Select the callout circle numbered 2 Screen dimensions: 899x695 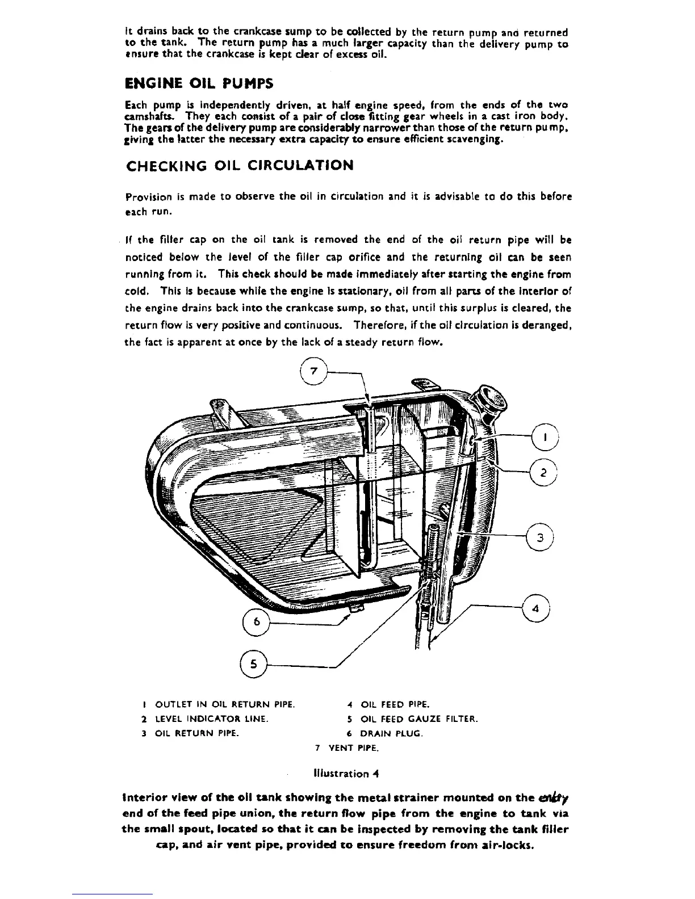click(543, 472)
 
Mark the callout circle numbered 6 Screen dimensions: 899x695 click(257, 621)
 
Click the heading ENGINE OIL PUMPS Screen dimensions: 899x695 click(199, 83)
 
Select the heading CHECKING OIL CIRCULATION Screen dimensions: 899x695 click(239, 166)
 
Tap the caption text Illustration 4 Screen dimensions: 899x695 click(346, 773)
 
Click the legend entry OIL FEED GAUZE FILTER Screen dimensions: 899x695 click(413, 719)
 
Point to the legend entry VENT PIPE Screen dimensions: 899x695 click(346, 747)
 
